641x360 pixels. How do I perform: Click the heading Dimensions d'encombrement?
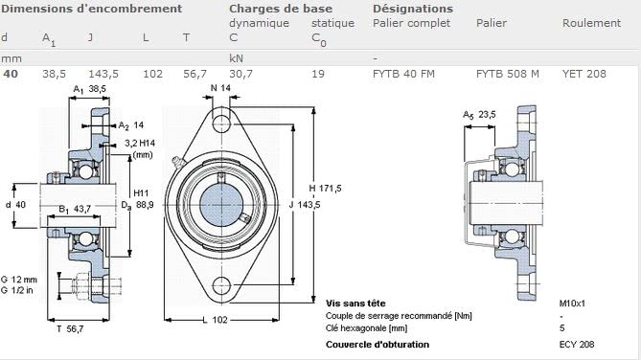[x=92, y=9]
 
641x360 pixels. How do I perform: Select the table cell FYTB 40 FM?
[x=403, y=74]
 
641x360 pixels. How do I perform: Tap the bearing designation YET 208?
[x=584, y=74]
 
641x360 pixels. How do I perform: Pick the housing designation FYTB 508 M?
[x=507, y=74]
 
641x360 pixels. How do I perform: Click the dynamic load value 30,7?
[x=240, y=75]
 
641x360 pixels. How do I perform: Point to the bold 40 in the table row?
[x=11, y=74]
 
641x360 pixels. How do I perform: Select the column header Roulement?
[x=591, y=23]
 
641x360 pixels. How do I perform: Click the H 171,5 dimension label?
[x=325, y=189]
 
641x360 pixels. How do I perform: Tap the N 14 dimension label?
[x=220, y=88]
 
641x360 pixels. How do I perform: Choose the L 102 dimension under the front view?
[x=215, y=320]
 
